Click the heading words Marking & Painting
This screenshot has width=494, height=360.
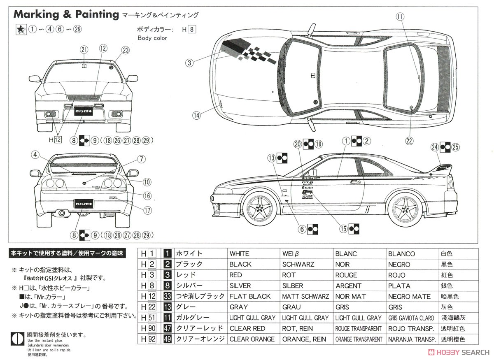click(x=66, y=14)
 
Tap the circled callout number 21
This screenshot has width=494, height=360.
click(x=84, y=50)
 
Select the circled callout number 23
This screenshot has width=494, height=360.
click(x=125, y=50)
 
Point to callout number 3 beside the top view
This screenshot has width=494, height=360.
click(x=189, y=63)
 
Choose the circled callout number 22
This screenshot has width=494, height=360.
click(x=409, y=141)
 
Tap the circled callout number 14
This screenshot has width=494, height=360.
click(x=196, y=116)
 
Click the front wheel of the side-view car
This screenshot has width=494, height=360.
click(x=258, y=208)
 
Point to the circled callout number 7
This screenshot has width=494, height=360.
click(x=141, y=159)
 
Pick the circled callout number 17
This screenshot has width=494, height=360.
click(x=147, y=209)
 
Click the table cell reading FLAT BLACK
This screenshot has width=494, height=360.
click(x=250, y=296)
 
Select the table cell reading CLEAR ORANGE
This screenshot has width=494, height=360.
click(x=252, y=339)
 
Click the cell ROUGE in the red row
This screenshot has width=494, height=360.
click(x=346, y=275)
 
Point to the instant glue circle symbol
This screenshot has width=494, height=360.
click(x=17, y=338)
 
